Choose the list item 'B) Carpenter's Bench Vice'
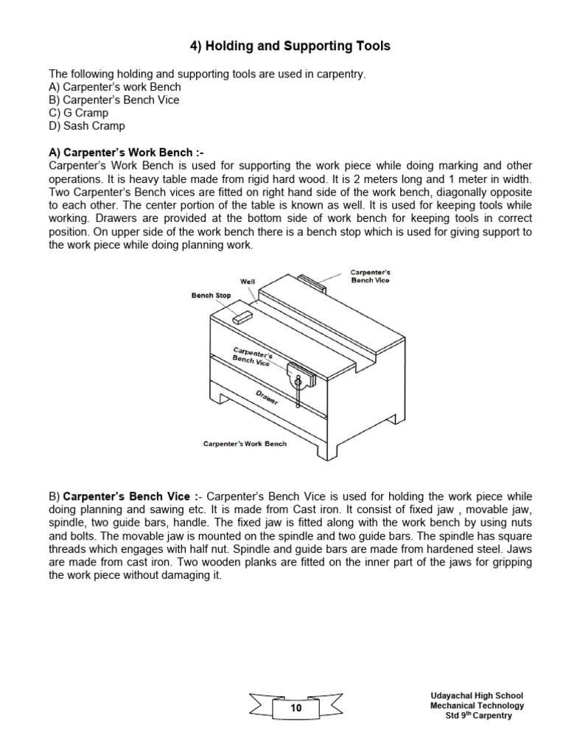[113, 100]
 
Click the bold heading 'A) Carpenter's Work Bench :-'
[125, 152]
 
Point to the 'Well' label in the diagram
[248, 282]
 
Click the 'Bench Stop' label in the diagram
[211, 296]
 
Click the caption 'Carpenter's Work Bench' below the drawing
[245, 444]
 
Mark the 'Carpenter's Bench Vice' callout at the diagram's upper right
[370, 276]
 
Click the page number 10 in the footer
[296, 708]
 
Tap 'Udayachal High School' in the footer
[477, 695]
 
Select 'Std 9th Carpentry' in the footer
[478, 716]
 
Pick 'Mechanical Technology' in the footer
[478, 706]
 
